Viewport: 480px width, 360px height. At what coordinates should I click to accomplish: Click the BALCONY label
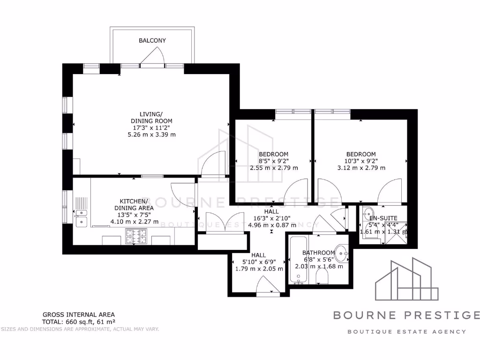152,41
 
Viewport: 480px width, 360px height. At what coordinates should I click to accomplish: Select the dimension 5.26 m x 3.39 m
151,135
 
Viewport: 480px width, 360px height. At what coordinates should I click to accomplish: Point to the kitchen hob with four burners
136,236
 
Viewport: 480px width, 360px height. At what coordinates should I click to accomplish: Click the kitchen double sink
82,217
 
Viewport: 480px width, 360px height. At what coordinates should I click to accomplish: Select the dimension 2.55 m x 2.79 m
273,168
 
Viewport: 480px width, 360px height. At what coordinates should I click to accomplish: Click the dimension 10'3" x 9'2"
361,161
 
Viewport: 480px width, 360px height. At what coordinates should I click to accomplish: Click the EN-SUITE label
383,218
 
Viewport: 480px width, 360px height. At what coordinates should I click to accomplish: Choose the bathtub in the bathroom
297,261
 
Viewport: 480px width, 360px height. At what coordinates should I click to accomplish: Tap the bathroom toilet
322,278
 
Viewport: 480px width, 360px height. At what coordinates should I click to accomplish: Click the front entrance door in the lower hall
268,286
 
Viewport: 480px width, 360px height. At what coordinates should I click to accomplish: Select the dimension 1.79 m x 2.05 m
259,269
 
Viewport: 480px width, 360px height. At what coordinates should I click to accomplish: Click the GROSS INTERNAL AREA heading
78,315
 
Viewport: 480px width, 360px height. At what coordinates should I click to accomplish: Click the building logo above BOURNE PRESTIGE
406,279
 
